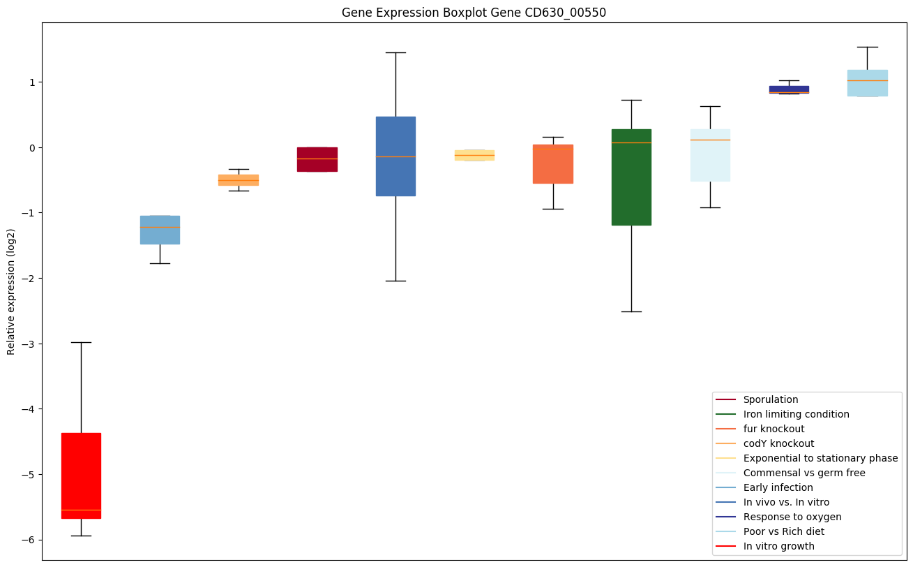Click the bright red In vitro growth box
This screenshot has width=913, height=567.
(x=81, y=475)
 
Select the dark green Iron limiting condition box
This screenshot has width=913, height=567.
(x=631, y=177)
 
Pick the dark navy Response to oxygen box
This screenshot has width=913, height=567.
(x=789, y=89)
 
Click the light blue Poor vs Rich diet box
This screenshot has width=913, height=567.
(x=867, y=83)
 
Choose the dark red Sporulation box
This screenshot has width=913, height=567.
(x=317, y=159)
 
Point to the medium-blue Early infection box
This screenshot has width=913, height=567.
(x=160, y=230)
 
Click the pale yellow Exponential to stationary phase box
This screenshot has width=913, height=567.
(x=474, y=155)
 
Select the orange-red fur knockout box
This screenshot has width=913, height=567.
(x=553, y=164)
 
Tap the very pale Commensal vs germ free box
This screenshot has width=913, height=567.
(x=710, y=155)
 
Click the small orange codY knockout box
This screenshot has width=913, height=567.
(x=239, y=180)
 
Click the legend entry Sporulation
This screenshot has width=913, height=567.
(x=770, y=399)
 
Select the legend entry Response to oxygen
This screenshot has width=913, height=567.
(x=792, y=517)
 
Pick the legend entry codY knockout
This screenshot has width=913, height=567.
(x=778, y=443)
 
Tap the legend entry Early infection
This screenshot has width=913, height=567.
(x=778, y=487)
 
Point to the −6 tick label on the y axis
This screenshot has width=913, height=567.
(x=29, y=540)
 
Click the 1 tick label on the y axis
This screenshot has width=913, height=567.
(x=32, y=82)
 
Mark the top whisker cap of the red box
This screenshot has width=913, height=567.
(x=81, y=342)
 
